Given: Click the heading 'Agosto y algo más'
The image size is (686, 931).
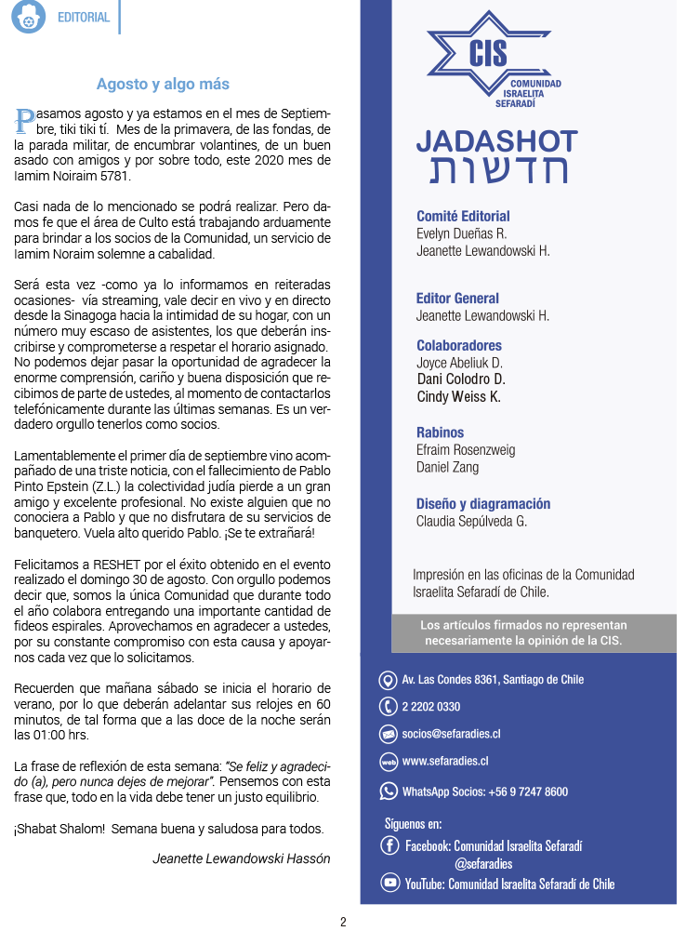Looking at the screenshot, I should coord(163,85).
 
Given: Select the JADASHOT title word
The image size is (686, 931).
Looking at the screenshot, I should coord(496,141).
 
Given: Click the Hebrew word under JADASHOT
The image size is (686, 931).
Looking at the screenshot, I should coord(497,171).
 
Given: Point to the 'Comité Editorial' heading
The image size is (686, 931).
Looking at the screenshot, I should coord(463,217).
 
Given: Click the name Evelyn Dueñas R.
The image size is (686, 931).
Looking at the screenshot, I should coord(461,233).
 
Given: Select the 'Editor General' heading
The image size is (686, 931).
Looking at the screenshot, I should coord(457,299).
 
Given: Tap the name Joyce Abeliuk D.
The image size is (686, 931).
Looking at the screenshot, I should coord(459,362).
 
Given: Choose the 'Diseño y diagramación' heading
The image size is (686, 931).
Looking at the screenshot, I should coord(483,504).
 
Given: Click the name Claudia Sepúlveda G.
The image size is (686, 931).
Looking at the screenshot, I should coord(471,521).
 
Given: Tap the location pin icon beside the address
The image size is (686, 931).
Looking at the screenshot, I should coord(389,680).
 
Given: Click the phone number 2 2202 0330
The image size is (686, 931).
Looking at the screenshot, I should coord(430,707).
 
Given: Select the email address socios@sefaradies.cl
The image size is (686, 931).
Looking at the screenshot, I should coord(451,734).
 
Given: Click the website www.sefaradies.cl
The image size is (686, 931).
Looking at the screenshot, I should coord(445,762).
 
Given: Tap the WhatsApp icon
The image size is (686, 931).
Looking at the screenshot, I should coord(389,791).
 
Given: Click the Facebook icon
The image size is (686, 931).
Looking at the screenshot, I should coord(390,845).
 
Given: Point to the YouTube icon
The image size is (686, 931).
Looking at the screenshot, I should coord(390,884).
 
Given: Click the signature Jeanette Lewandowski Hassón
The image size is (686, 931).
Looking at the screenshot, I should coord(241,858).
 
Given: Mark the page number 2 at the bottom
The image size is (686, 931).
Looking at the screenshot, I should coord(343,923).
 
